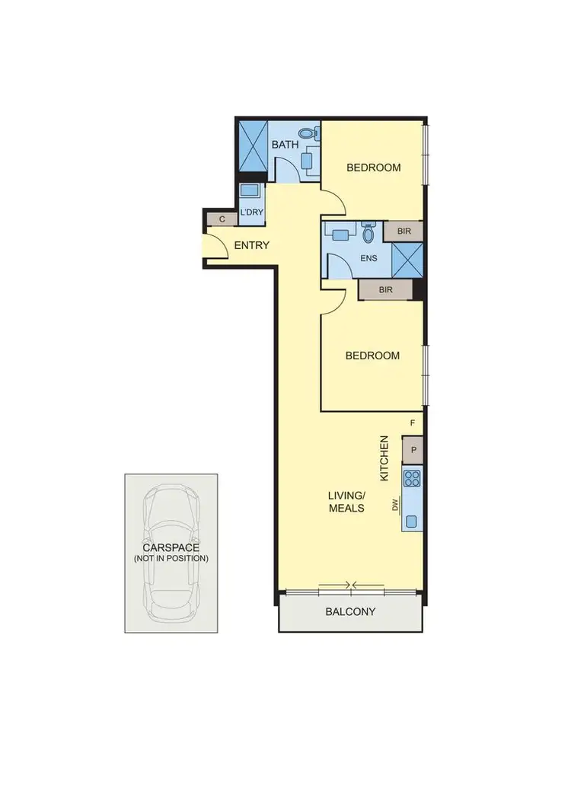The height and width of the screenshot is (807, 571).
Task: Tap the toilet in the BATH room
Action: click(308, 134)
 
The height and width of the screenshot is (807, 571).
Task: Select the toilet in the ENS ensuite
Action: click(369, 233)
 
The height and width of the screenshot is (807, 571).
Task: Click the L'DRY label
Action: click(251, 212)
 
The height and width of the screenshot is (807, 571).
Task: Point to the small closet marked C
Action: click(222, 219)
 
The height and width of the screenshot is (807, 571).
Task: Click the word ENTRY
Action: click(251, 245)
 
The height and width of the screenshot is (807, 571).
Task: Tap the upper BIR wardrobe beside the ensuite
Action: click(404, 231)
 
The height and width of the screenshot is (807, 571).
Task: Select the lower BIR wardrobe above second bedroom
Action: click(385, 289)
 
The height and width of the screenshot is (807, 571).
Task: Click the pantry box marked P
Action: click(413, 450)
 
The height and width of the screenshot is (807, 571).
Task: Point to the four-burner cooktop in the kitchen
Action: click(413, 479)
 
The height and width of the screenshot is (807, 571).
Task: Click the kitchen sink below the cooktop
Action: click(412, 522)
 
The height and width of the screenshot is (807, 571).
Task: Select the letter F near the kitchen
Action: click(413, 423)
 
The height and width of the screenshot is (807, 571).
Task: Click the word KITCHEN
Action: click(384, 458)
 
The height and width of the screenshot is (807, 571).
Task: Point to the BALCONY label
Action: click(350, 611)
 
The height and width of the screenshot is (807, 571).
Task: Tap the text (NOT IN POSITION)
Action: click(171, 558)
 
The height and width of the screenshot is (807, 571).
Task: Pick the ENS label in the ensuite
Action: click(368, 258)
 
